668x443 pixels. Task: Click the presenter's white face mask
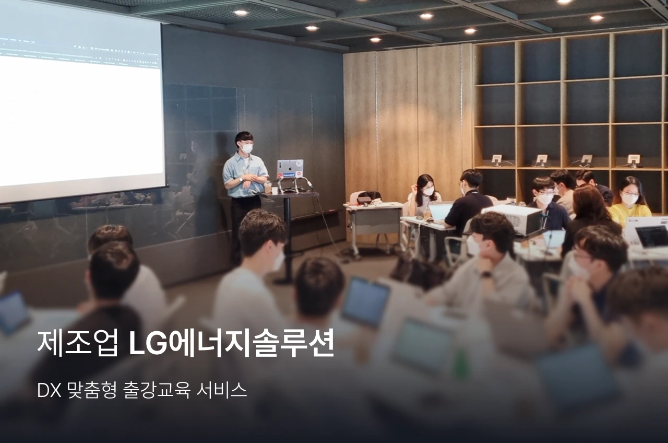pyautogui.click(x=247, y=148)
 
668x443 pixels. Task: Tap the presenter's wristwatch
pyautogui.click(x=241, y=179)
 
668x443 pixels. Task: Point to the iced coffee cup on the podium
pyautogui.click(x=268, y=187)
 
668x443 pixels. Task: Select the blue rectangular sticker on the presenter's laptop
pyautogui.click(x=288, y=175)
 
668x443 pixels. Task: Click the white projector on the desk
pyautogui.click(x=512, y=219)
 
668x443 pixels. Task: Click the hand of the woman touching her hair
pyautogui.click(x=414, y=189)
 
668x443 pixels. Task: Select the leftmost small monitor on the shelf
pyautogui.click(x=496, y=159)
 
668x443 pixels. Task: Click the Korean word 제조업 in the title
pyautogui.click(x=78, y=343)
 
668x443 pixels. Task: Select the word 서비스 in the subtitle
pyautogui.click(x=222, y=390)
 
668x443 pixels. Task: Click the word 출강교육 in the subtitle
pyautogui.click(x=156, y=390)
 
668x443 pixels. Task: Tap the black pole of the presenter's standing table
pyautogui.click(x=288, y=236)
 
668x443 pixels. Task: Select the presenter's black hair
pyautogui.click(x=244, y=137)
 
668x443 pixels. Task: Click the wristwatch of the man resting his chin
pyautogui.click(x=486, y=274)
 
